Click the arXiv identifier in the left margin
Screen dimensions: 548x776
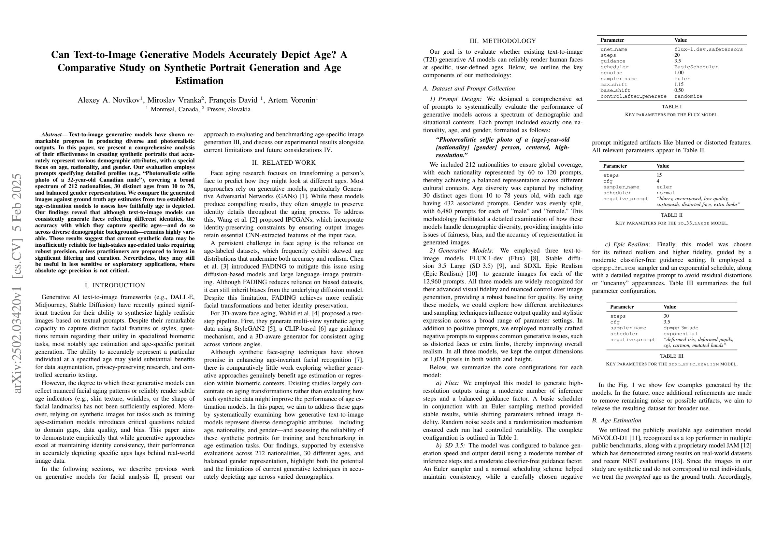[18, 284]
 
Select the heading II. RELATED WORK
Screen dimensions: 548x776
[283, 163]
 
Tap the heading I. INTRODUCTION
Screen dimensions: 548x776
[115, 285]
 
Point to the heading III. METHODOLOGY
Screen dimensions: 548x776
[503, 41]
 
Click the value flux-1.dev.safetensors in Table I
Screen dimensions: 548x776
[709, 49]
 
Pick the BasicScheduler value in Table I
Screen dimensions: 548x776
[696, 67]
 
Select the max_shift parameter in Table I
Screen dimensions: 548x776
[613, 84]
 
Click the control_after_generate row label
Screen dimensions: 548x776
[633, 96]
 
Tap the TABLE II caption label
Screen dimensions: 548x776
[671, 215]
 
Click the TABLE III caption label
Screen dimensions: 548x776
[671, 356]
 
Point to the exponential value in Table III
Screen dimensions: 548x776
[680, 334]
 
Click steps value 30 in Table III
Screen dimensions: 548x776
[666, 316]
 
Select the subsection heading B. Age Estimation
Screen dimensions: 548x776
[616, 420]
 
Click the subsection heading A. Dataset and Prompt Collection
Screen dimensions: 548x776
[469, 89]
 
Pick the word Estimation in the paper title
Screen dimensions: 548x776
[199, 81]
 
